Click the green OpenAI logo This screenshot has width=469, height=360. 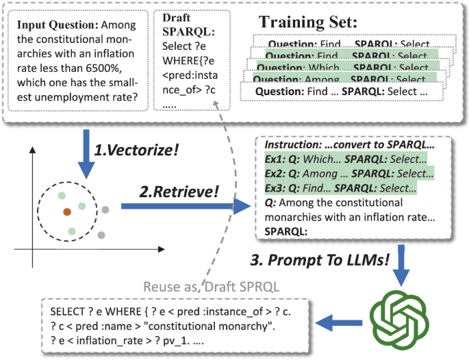pyautogui.click(x=401, y=314)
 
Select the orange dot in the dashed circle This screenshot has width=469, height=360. pyautogui.click(x=66, y=212)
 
